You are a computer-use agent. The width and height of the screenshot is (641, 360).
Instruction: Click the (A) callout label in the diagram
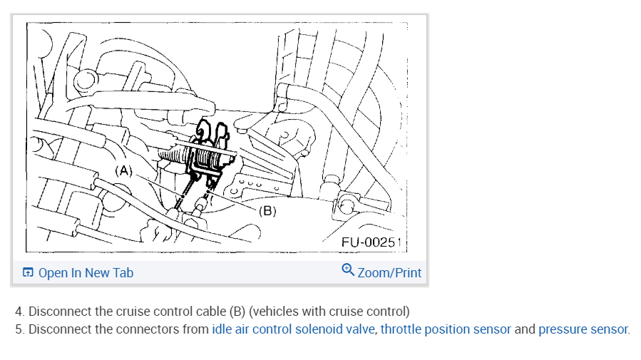123,171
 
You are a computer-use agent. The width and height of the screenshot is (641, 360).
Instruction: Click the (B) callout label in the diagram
268,211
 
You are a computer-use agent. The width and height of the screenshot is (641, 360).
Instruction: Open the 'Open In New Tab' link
86,272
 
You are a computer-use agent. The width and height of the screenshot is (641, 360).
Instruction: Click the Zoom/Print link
389,272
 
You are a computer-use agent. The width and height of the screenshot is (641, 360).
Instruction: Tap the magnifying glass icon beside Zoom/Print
348,269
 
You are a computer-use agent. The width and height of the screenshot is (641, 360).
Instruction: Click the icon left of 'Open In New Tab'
28,272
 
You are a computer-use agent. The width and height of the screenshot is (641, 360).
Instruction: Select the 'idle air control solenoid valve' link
293,329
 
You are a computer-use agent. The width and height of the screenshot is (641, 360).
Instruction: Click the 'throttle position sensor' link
446,329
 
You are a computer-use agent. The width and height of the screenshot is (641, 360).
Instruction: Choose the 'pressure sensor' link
583,329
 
